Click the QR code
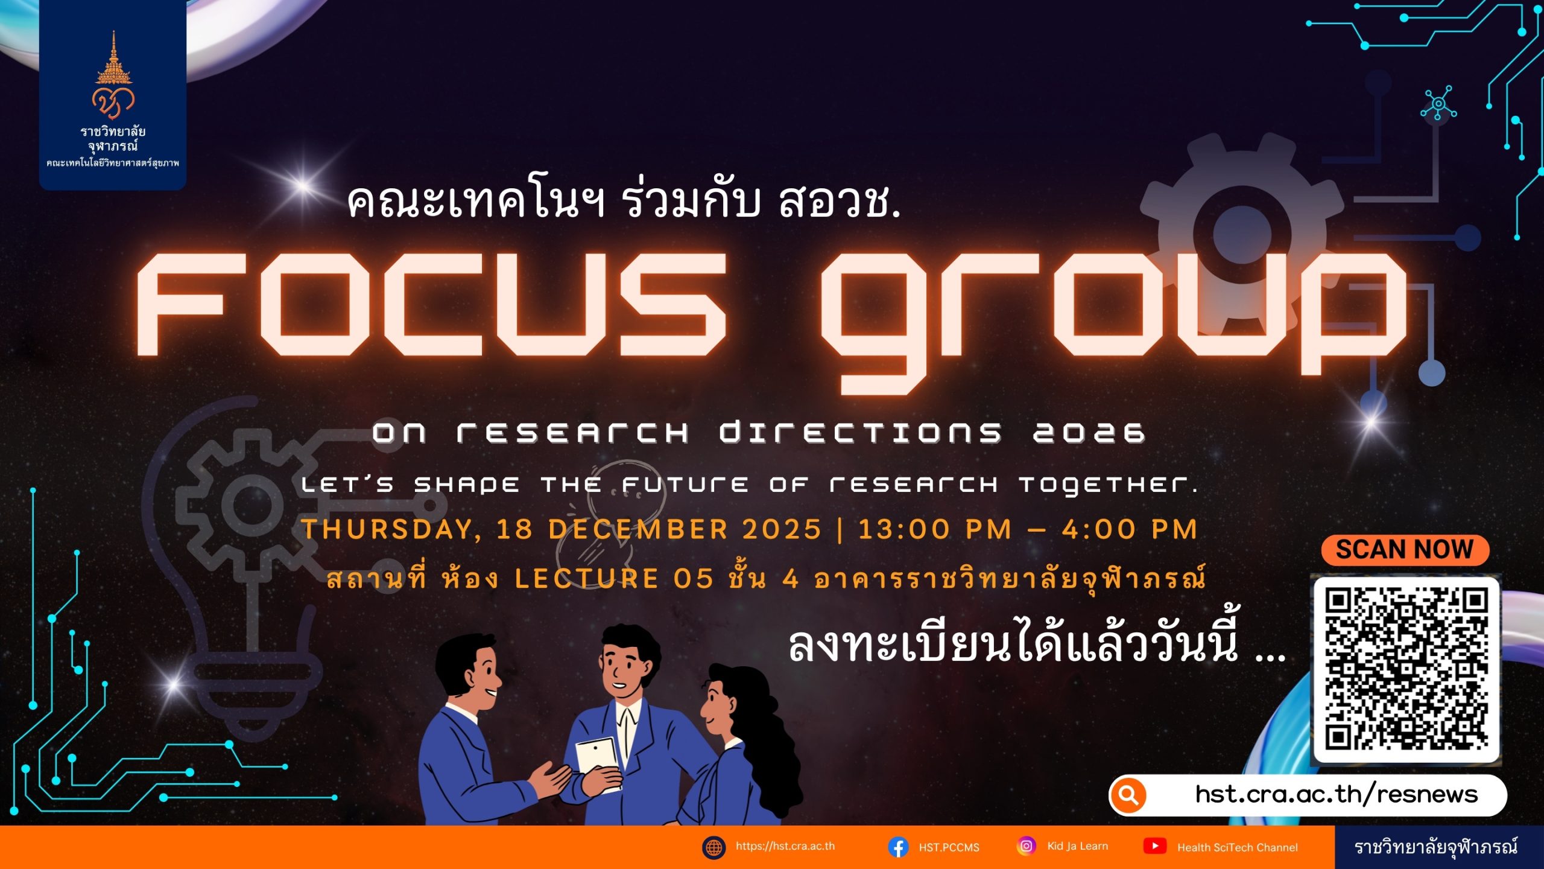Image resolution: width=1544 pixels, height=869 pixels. (1406, 669)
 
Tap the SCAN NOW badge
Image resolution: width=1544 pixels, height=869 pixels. (1405, 550)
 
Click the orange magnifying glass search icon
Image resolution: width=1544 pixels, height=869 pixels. (1128, 795)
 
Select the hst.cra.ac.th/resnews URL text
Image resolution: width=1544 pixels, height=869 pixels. (1337, 794)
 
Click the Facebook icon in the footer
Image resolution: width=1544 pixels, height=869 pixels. (898, 847)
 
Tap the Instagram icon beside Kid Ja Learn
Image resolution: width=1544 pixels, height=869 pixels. (1026, 846)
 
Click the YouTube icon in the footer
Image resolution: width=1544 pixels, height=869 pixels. (1155, 846)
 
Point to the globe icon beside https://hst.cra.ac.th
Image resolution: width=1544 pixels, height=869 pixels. (713, 847)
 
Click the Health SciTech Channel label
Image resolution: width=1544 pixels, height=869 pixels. (1237, 847)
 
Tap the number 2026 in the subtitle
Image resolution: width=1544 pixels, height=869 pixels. (1089, 433)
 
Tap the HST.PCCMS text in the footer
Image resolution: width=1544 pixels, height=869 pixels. (949, 847)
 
